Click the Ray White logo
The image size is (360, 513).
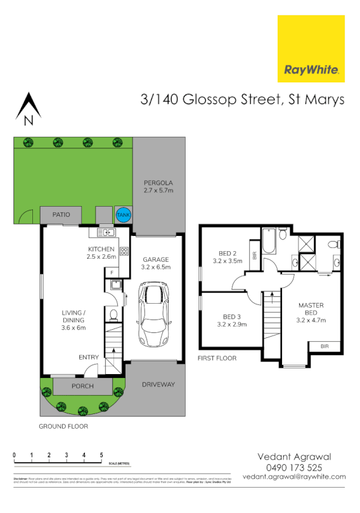311,49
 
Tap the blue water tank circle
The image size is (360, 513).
123,216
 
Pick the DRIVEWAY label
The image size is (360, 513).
158,385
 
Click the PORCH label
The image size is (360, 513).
82,386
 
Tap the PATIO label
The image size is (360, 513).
61,214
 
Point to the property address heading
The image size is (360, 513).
242,99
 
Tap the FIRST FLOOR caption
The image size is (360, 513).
217,358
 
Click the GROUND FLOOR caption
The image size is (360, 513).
63,427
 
